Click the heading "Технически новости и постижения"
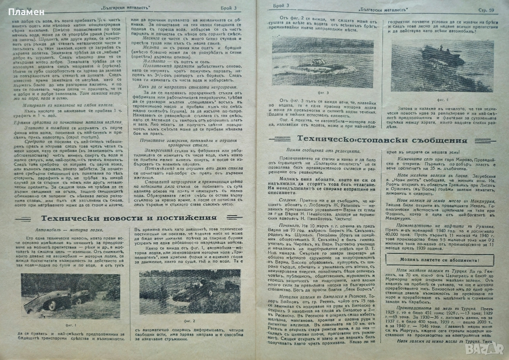(x=129, y=218)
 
